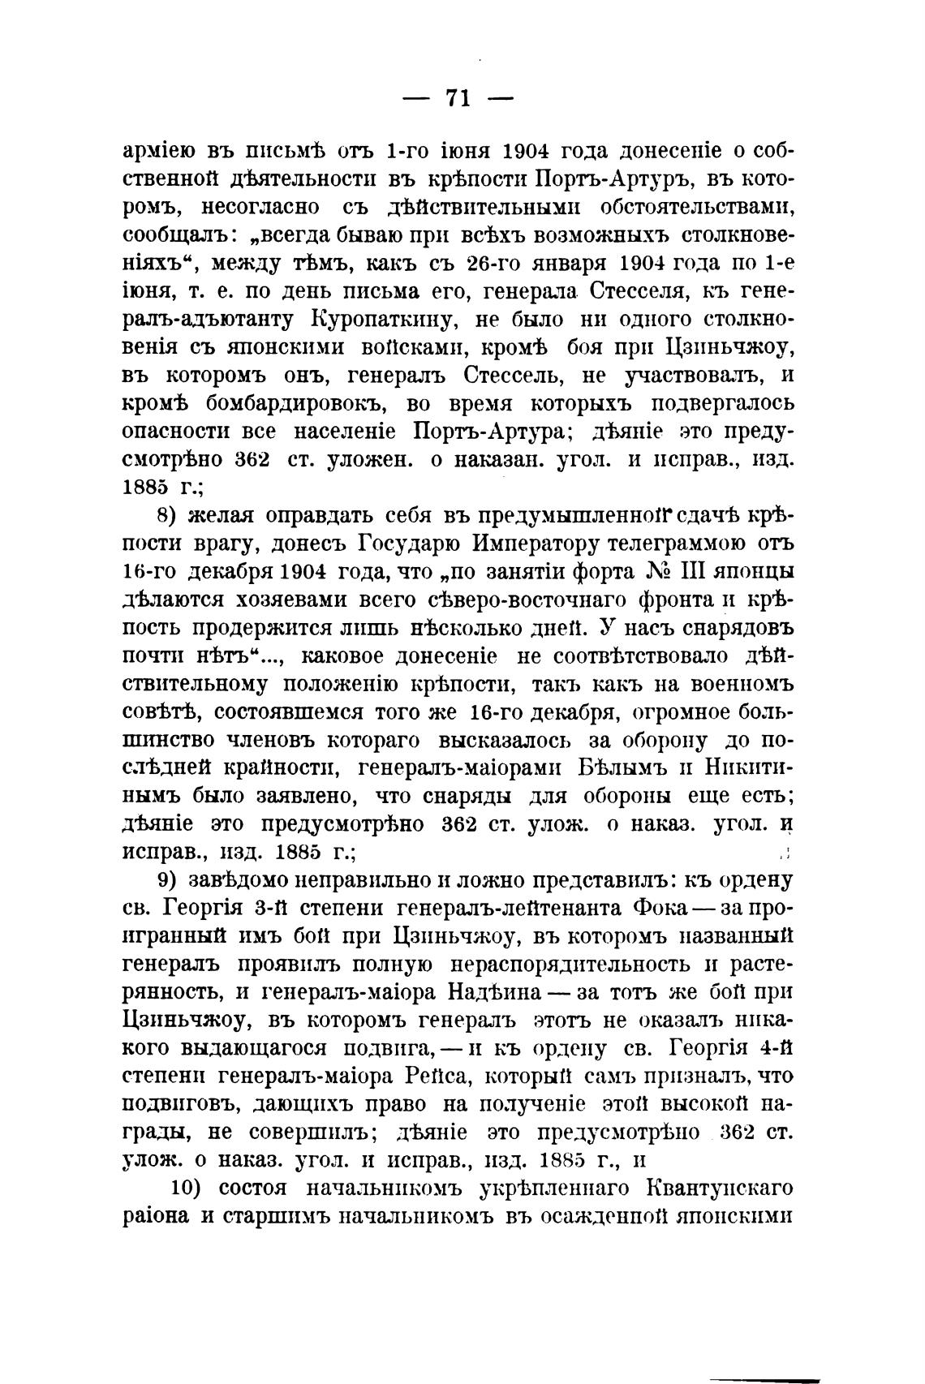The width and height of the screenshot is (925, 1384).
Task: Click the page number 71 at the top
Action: (x=458, y=99)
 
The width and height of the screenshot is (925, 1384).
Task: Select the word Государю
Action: (x=411, y=544)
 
